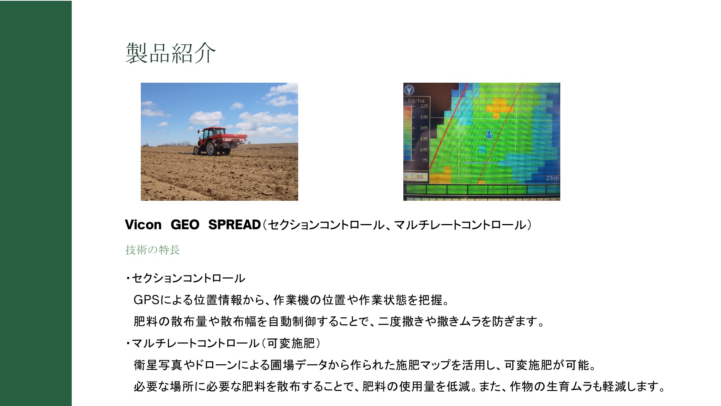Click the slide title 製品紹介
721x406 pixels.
coord(170,53)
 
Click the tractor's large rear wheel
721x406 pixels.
coord(210,148)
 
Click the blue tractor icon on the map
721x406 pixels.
coord(489,134)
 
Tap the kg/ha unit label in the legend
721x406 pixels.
coord(416,100)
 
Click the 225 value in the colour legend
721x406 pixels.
coord(424,106)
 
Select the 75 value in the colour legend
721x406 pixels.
coord(425,161)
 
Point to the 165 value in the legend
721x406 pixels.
coord(424,128)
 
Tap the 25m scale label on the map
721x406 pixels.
coord(552,178)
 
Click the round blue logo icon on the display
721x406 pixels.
coord(409,90)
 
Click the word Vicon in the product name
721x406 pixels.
coord(143,225)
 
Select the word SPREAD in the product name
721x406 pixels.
coord(234,225)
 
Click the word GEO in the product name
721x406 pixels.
coord(185,225)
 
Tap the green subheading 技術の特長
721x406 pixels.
coord(153,250)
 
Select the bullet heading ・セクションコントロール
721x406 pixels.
coord(186,278)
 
